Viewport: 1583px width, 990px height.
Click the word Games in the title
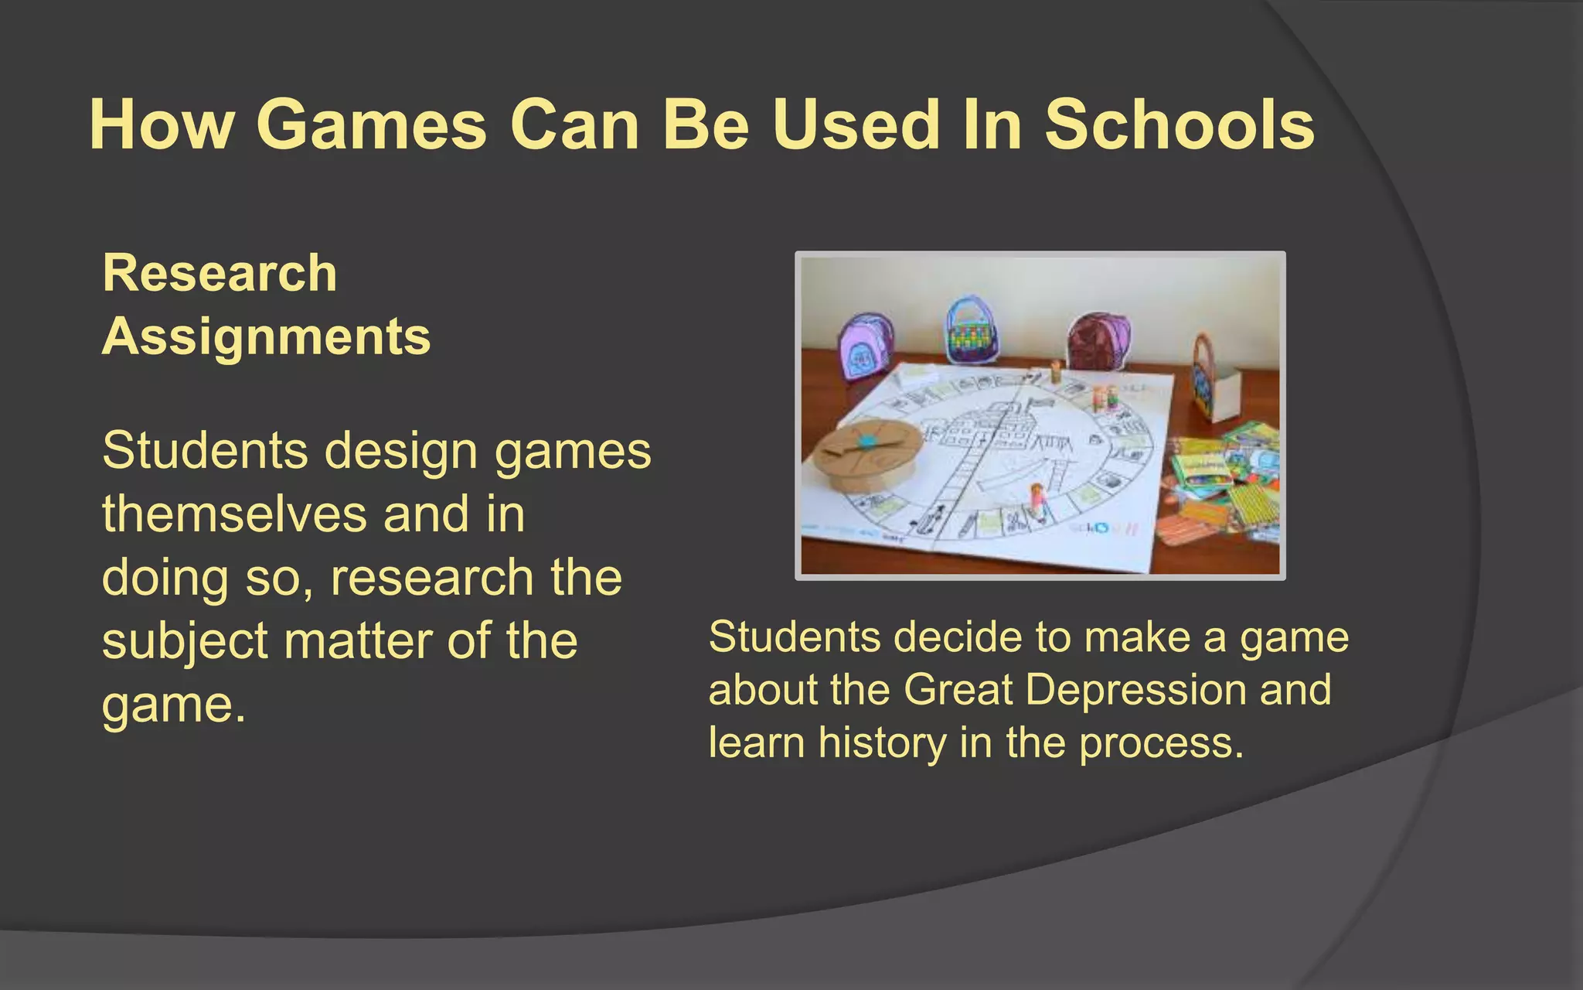tap(371, 125)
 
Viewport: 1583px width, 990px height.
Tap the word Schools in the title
tap(1180, 125)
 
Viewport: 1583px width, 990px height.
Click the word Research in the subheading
tap(220, 273)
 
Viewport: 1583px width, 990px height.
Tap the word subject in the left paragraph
tap(186, 642)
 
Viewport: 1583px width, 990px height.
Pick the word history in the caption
tap(882, 742)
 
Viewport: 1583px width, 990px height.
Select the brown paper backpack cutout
tap(1098, 341)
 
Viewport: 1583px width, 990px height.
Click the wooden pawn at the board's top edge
tap(1056, 371)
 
